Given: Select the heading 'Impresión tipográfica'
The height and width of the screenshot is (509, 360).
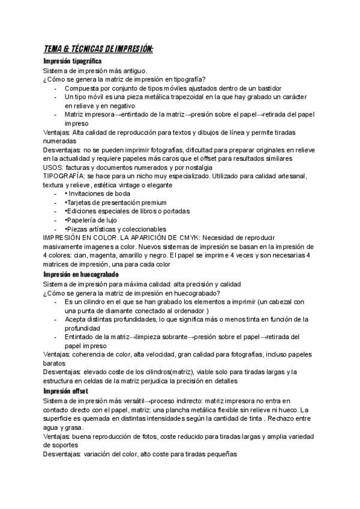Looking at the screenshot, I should point(73,61).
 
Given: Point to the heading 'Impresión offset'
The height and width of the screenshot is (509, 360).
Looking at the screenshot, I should point(67,390).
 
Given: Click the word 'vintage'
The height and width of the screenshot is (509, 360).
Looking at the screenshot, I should point(136,185).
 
